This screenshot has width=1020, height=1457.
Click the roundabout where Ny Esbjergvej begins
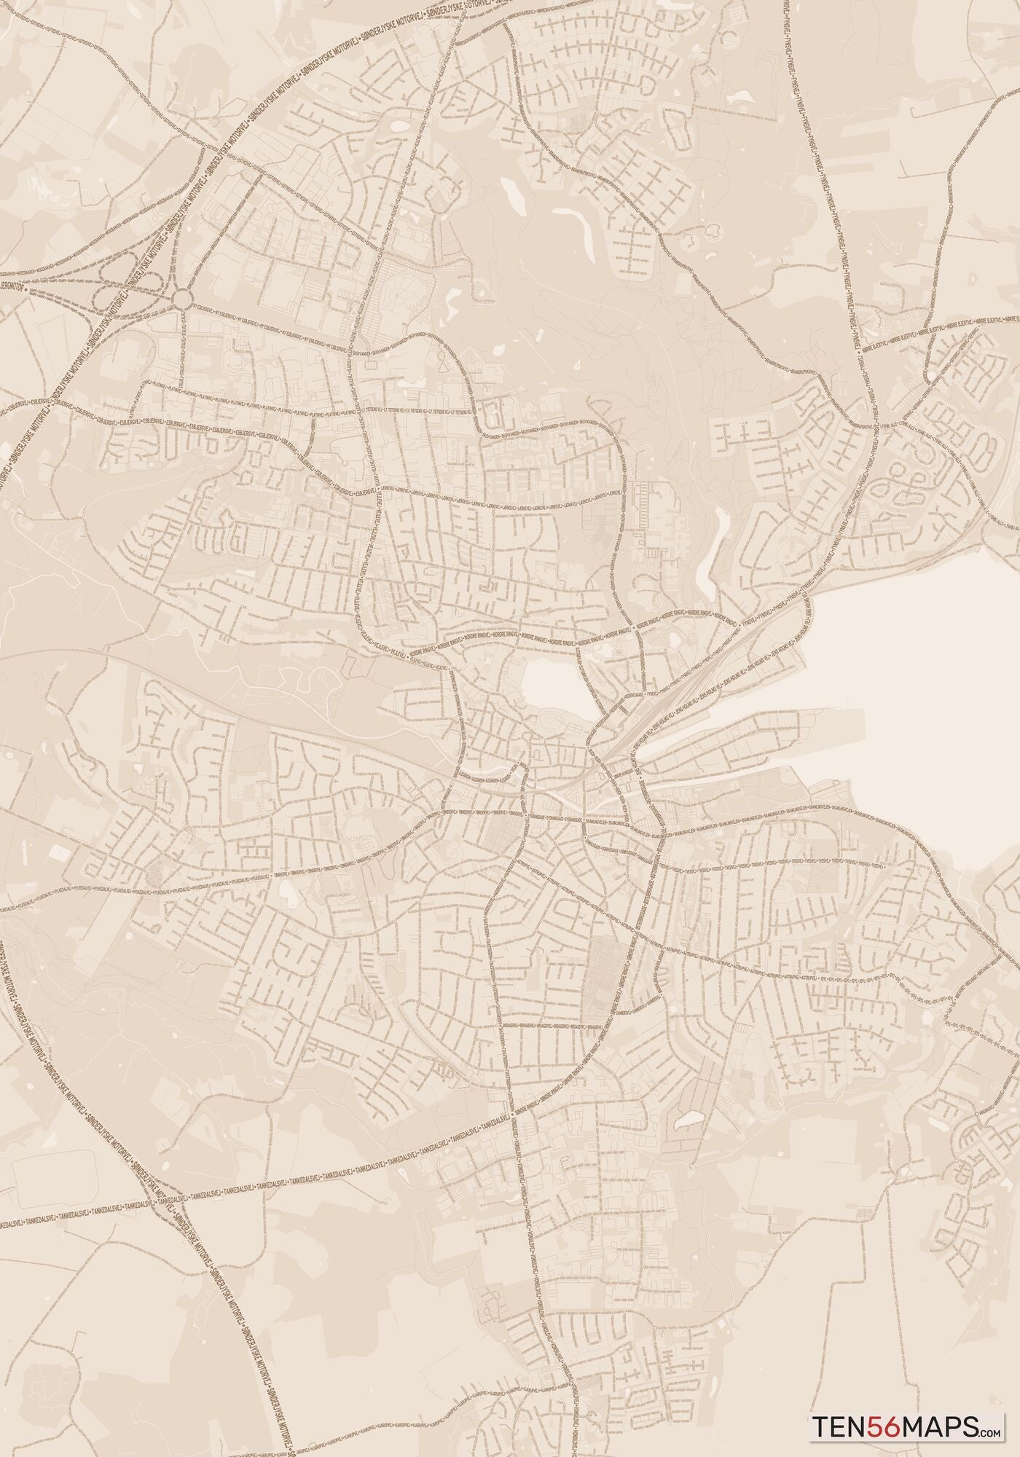point(182,298)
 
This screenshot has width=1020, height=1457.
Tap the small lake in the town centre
point(552,688)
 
